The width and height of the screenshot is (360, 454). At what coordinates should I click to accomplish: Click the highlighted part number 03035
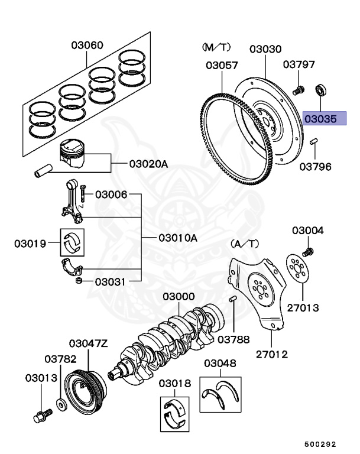pyautogui.click(x=321, y=118)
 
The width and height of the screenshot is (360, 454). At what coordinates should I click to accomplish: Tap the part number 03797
pyautogui.click(x=299, y=64)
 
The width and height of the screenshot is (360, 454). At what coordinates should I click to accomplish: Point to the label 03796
pyautogui.click(x=315, y=167)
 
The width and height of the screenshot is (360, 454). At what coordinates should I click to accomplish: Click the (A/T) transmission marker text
pyautogui.click(x=244, y=243)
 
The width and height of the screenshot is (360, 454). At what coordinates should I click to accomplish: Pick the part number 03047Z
pyautogui.click(x=88, y=343)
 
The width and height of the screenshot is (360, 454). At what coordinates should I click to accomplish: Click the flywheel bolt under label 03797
pyautogui.click(x=299, y=90)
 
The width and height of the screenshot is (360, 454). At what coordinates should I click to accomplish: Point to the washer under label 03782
pyautogui.click(x=61, y=406)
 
